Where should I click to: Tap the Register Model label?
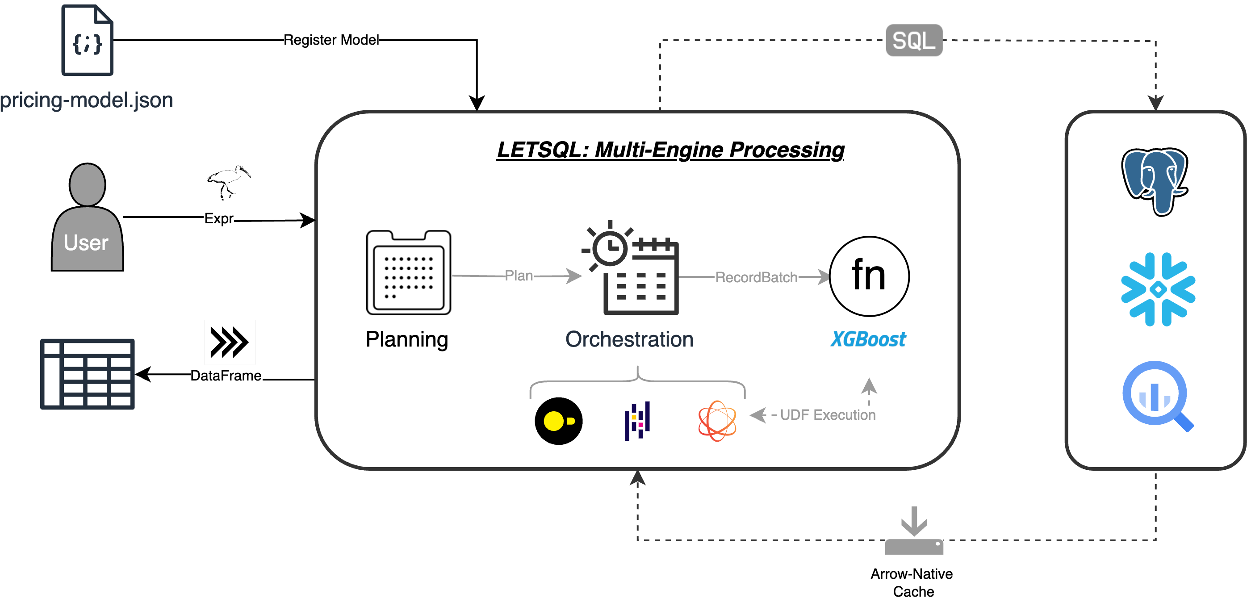[331, 40]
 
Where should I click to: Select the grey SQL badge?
[914, 41]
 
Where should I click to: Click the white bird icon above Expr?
[226, 175]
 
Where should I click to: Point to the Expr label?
[218, 218]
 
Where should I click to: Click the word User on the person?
[86, 242]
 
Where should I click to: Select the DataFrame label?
[226, 376]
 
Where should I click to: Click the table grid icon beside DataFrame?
[88, 374]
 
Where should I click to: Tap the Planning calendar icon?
[409, 272]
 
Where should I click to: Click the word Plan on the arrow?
[519, 276]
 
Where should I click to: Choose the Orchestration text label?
[629, 339]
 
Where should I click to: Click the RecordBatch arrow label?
[756, 277]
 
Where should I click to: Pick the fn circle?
[869, 276]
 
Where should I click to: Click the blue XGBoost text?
[868, 339]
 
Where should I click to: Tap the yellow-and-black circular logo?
[559, 421]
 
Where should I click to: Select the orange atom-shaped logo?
[717, 421]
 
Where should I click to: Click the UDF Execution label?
[827, 415]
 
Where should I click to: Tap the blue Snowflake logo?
[1158, 289]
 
